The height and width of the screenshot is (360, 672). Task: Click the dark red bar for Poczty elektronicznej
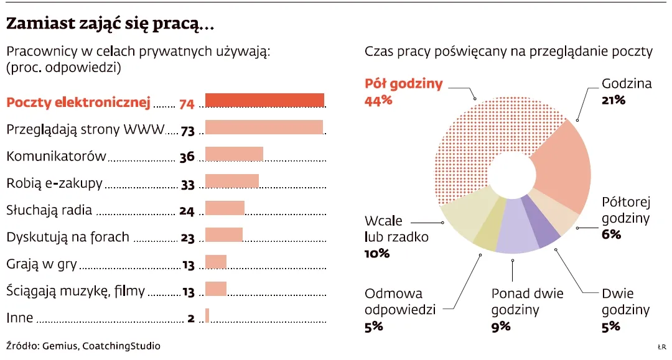coord(264,100)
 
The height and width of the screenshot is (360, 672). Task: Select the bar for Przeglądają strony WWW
coord(264,127)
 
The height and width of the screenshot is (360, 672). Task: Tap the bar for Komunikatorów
coord(234,154)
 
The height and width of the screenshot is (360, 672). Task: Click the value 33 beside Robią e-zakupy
coord(187,185)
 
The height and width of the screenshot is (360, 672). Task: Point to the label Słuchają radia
coord(49,210)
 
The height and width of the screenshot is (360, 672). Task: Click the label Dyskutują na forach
coord(68,237)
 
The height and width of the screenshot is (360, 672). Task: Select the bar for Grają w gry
coord(216,262)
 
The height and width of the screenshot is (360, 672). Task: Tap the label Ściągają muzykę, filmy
coord(75,290)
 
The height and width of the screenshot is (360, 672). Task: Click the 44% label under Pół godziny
coord(378,99)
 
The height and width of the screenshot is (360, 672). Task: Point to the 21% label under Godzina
coord(614,99)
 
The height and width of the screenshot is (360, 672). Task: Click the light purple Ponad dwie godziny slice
coord(516,230)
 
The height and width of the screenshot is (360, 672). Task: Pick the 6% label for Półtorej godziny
coord(612,234)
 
